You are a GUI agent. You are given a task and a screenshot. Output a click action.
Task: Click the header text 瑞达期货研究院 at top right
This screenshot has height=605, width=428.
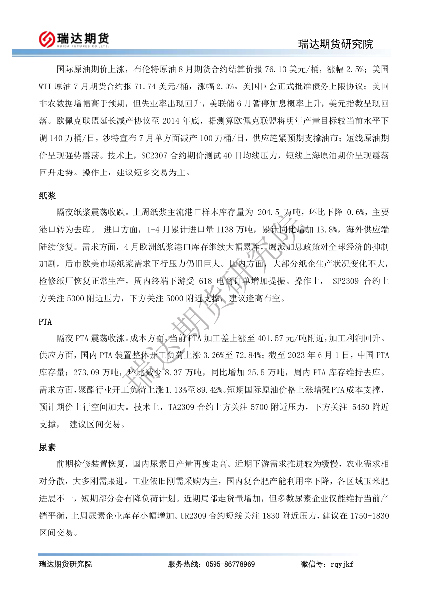[x=335, y=44]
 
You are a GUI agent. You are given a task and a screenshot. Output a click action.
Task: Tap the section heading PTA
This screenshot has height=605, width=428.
[x=45, y=322]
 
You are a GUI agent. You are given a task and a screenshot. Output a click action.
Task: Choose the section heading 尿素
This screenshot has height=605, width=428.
[x=47, y=448]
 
